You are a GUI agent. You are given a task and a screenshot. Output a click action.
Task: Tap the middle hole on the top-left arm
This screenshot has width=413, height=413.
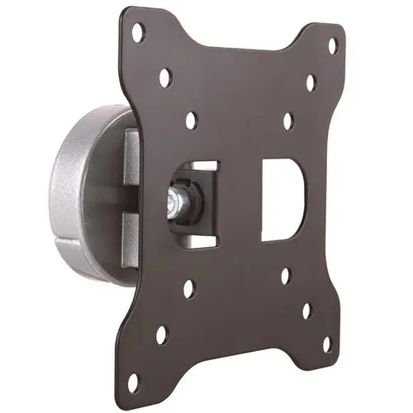[165, 78]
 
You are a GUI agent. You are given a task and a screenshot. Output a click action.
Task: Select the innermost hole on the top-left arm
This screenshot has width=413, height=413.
[191, 121]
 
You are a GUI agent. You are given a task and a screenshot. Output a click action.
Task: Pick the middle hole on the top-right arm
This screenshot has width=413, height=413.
[311, 83]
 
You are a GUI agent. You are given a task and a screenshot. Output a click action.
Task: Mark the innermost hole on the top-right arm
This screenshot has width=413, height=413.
[287, 121]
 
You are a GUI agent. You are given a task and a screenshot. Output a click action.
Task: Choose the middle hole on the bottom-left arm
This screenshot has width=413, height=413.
[162, 335]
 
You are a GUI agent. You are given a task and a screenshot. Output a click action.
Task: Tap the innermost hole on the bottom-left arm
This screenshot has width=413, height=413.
[189, 289]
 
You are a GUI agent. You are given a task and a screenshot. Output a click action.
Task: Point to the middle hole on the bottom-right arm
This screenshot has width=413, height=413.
[306, 311]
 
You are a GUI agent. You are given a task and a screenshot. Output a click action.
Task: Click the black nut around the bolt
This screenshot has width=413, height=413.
[192, 201]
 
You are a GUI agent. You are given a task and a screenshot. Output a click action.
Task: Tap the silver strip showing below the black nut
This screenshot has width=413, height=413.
[197, 235]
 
